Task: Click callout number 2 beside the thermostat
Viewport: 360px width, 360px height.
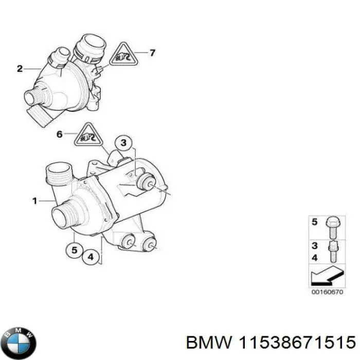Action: [20, 68]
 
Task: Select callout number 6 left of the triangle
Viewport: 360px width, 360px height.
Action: [59, 135]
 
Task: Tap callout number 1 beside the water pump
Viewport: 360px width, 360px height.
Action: [35, 201]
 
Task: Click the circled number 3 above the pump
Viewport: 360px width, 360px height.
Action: [123, 142]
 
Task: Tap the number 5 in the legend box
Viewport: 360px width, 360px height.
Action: [315, 223]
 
